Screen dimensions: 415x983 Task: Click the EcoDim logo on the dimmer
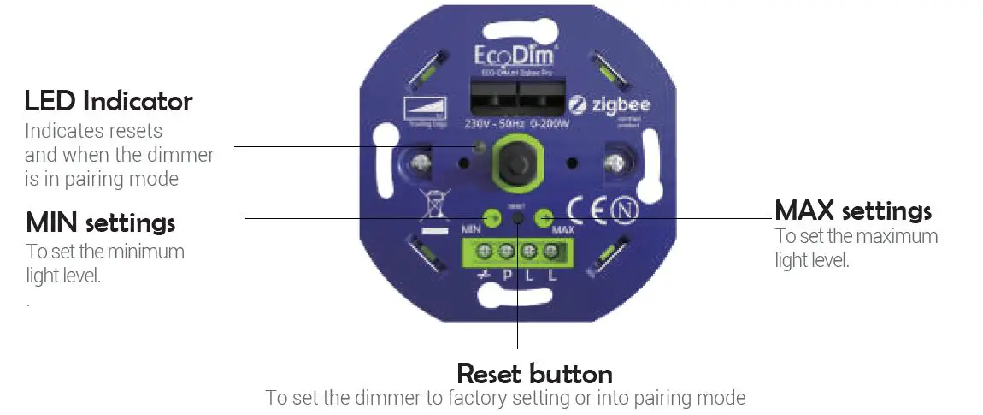tap(515, 56)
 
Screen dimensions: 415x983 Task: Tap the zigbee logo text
tap(620, 105)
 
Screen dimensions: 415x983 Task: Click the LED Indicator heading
tap(109, 101)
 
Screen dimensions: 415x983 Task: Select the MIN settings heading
tap(101, 222)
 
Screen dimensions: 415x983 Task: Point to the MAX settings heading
tap(852, 210)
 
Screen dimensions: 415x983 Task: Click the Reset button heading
tap(534, 373)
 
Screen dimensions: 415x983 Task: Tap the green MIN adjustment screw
tap(491, 218)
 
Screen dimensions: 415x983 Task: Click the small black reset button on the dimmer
tap(518, 218)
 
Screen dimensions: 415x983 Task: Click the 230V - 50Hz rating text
tap(491, 124)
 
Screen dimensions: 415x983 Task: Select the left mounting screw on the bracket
tap(421, 161)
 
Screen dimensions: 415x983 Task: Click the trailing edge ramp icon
tap(423, 108)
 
